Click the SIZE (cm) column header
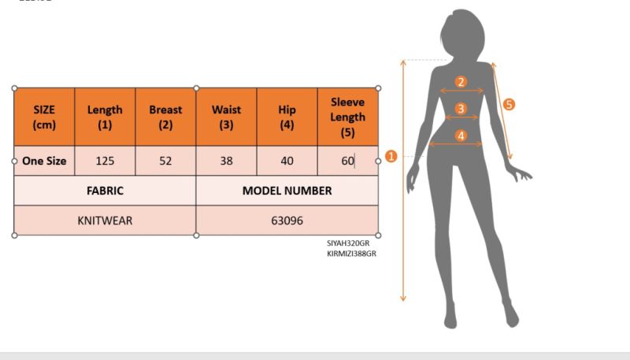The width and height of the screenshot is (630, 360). click(44, 117)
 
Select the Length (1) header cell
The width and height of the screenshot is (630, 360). click(105, 117)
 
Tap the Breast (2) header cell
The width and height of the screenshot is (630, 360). click(165, 117)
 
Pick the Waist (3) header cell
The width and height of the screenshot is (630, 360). click(226, 117)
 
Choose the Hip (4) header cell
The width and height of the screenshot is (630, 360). click(287, 117)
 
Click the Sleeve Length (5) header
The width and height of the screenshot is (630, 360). click(348, 117)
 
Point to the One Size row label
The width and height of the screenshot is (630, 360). click(44, 161)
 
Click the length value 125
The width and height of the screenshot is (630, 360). click(105, 161)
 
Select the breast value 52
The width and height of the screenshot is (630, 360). click(165, 161)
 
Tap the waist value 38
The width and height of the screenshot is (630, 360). click(226, 161)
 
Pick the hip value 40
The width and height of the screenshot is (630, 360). click(287, 161)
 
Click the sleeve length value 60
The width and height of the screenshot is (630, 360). click(348, 161)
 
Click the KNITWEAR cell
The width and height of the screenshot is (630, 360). click(105, 221)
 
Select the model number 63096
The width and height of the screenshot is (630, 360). click(287, 221)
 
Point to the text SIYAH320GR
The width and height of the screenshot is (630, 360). click(348, 243)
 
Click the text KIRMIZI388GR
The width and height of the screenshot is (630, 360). click(351, 254)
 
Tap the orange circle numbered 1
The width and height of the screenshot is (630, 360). click(391, 156)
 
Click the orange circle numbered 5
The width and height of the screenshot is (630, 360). click(509, 105)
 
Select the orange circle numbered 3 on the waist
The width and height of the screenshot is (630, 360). click(461, 109)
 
